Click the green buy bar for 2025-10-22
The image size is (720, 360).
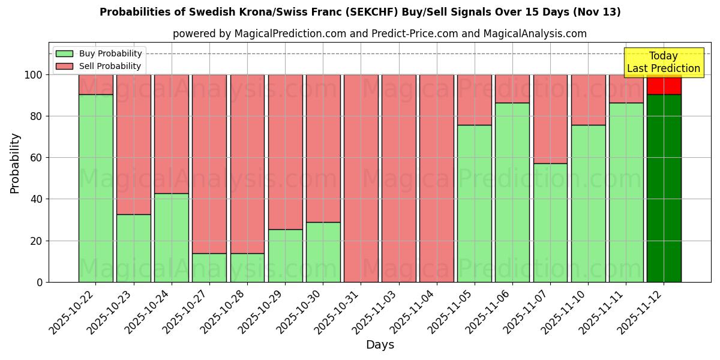(95, 188)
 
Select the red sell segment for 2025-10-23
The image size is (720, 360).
(133, 144)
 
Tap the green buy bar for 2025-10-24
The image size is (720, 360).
(172, 238)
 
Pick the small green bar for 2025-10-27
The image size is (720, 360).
(209, 268)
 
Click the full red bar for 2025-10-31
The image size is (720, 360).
(361, 178)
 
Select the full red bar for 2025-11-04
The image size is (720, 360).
(437, 178)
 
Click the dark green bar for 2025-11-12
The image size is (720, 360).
(664, 188)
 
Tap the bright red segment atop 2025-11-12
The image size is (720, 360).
(664, 85)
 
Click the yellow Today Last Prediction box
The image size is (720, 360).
(663, 62)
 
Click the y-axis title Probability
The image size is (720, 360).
(15, 163)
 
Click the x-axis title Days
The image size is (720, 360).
(380, 345)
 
